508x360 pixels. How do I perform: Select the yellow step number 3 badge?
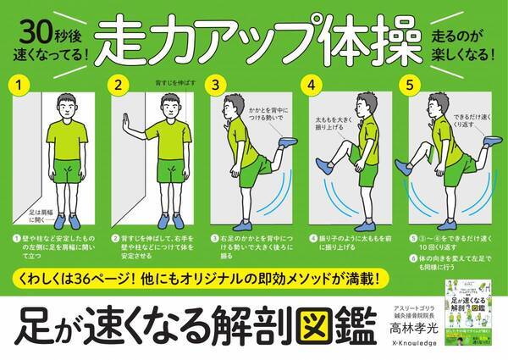pos(216,85)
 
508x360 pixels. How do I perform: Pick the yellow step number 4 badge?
pos(312,85)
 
